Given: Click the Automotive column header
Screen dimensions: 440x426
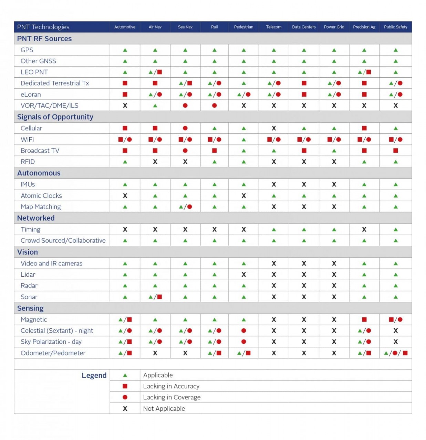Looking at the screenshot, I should pyautogui.click(x=125, y=27).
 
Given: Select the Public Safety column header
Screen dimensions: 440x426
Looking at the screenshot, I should pyautogui.click(x=395, y=27).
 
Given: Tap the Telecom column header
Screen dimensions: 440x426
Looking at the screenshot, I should pyautogui.click(x=273, y=27).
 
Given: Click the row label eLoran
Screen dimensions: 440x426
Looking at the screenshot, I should pyautogui.click(x=31, y=95).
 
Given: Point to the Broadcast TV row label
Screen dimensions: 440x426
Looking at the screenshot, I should pyautogui.click(x=40, y=151).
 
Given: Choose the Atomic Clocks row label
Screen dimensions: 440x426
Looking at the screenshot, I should pyautogui.click(x=41, y=196).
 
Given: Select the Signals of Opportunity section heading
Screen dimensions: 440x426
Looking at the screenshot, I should pyautogui.click(x=55, y=117).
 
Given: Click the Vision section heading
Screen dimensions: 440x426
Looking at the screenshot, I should pyautogui.click(x=28, y=252).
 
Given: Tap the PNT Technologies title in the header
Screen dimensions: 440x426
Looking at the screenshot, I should pyautogui.click(x=43, y=27).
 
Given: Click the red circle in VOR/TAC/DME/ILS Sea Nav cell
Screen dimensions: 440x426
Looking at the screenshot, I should pyautogui.click(x=185, y=106).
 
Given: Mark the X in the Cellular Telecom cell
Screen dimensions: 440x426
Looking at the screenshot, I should pyautogui.click(x=274, y=128).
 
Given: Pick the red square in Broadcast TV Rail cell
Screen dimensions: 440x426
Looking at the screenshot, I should pyautogui.click(x=215, y=151).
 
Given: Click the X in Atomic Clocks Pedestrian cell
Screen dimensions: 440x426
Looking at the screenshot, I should pyautogui.click(x=244, y=196).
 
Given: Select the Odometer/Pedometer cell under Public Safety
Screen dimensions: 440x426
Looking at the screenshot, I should pyautogui.click(x=395, y=353).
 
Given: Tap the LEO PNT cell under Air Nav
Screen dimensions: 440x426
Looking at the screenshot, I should pyautogui.click(x=155, y=72).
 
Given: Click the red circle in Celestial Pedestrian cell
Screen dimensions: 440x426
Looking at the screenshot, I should pyautogui.click(x=244, y=331).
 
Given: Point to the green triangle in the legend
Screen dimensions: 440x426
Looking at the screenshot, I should pyautogui.click(x=125, y=375).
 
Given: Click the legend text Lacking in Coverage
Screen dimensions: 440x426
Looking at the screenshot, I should pyautogui.click(x=172, y=397).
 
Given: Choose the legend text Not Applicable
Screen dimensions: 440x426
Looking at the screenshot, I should pyautogui.click(x=164, y=408).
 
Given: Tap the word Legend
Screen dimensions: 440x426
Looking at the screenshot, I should pyautogui.click(x=94, y=375).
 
